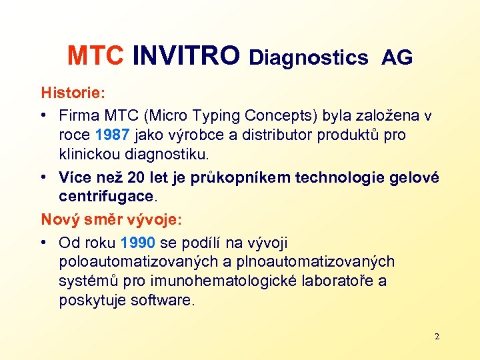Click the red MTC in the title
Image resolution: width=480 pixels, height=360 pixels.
tap(95, 57)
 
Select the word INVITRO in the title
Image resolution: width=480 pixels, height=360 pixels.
tap(185, 57)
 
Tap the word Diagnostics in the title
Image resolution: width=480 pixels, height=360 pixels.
tap(308, 59)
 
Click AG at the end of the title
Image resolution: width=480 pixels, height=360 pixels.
tap(397, 59)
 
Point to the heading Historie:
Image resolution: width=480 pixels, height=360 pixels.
tap(71, 91)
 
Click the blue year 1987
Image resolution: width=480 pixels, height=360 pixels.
tap(112, 135)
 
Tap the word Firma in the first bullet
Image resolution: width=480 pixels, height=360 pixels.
tap(79, 116)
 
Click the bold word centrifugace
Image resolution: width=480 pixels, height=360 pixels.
tap(106, 197)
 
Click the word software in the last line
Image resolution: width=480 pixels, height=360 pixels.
tap(163, 301)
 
